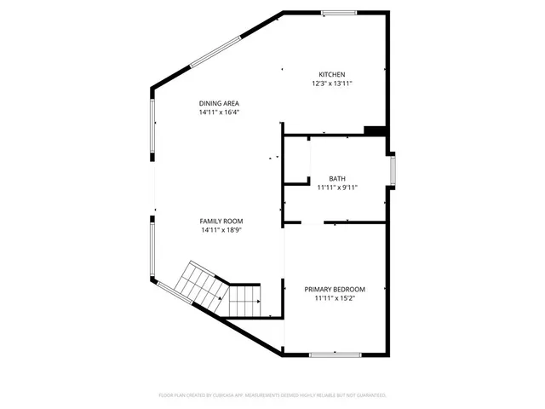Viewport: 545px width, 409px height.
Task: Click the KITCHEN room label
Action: (x=332, y=74)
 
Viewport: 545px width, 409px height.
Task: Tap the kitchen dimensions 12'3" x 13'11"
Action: (x=332, y=84)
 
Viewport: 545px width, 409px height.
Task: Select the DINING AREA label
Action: (x=219, y=103)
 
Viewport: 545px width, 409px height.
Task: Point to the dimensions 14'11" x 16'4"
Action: (x=219, y=112)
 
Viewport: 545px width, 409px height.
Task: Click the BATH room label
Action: (x=336, y=178)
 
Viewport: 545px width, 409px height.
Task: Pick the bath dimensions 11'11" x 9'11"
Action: (x=336, y=187)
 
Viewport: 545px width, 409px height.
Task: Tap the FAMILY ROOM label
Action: (x=221, y=221)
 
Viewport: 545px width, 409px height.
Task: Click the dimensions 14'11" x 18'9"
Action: (x=221, y=230)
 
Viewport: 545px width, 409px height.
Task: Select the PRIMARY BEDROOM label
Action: (x=335, y=289)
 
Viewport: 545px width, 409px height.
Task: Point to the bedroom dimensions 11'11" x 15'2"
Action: (x=335, y=298)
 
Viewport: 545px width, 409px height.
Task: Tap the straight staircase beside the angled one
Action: (x=245, y=299)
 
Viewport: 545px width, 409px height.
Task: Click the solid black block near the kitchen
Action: (x=375, y=130)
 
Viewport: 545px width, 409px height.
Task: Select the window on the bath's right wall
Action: (x=393, y=169)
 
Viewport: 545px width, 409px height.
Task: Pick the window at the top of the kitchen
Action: (x=338, y=12)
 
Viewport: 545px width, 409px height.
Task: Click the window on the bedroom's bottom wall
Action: (x=335, y=354)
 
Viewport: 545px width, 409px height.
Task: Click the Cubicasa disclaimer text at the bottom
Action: (x=272, y=395)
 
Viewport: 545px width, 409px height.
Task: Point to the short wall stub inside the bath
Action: (x=297, y=181)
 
